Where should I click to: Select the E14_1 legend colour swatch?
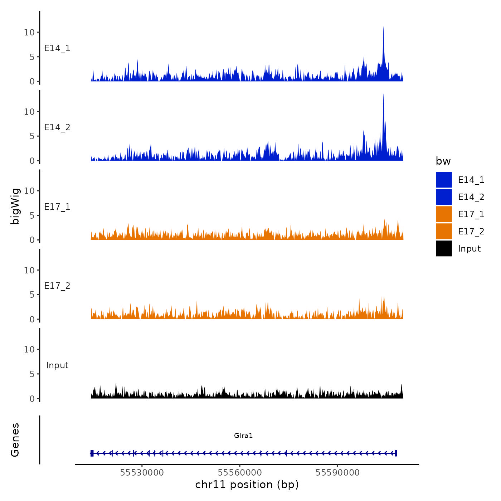[444, 180]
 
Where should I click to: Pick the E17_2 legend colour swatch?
[444, 231]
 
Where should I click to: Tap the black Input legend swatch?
[444, 248]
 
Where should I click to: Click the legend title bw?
[443, 161]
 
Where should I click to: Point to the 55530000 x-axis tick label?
[142, 472]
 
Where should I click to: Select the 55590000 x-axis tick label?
[337, 472]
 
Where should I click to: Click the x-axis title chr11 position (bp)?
[247, 485]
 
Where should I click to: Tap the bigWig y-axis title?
[15, 206]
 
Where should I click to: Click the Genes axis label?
[15, 440]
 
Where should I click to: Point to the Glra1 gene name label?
[243, 436]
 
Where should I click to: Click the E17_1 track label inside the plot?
[57, 206]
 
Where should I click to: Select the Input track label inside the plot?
[57, 365]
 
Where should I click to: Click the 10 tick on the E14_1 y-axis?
[29, 32]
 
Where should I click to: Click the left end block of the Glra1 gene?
[92, 453]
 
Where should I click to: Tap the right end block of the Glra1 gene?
[396, 453]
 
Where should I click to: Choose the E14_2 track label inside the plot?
[57, 127]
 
